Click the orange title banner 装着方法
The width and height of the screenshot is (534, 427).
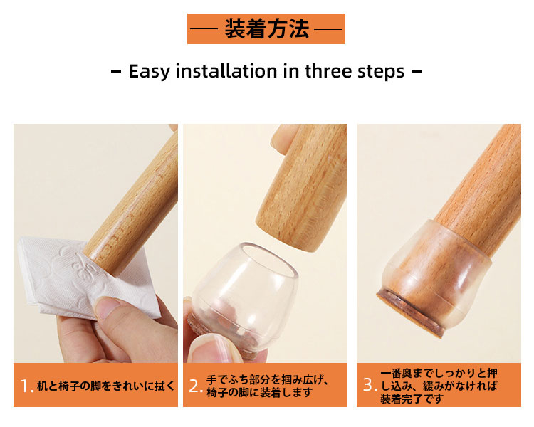[266, 28]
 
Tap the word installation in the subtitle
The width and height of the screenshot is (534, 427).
[226, 71]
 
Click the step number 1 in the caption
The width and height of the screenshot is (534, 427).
[24, 386]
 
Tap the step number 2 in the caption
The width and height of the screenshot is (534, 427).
[194, 386]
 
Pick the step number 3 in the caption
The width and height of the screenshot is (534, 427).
[369, 384]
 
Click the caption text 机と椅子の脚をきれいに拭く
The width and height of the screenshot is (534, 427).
[106, 386]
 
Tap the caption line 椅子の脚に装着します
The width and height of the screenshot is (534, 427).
[259, 392]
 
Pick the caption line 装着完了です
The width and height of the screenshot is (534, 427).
[412, 399]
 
